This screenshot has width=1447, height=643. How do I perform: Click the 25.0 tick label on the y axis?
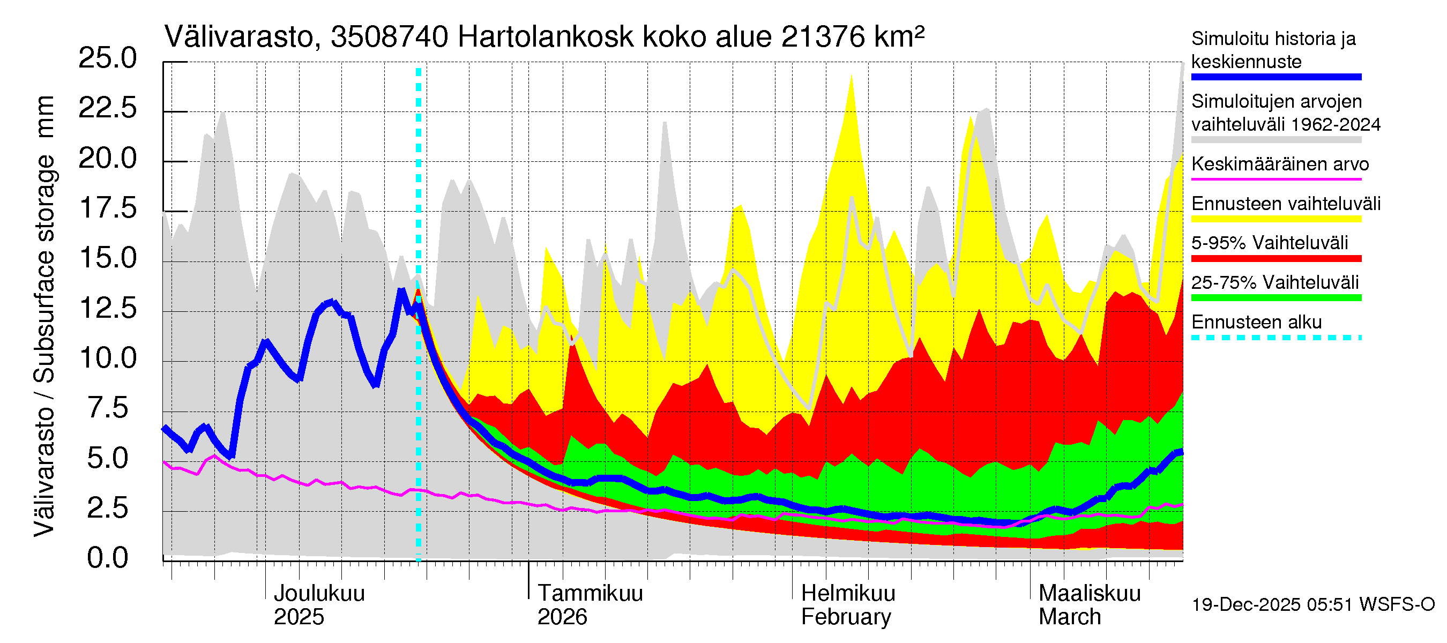(107, 58)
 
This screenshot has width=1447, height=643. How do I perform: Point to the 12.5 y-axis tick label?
(107, 308)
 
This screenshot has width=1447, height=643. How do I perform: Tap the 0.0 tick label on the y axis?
(107, 558)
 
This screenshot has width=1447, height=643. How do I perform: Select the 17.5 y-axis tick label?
(107, 208)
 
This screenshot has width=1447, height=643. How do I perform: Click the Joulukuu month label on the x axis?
(318, 594)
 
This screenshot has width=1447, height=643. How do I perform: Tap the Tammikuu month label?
(590, 594)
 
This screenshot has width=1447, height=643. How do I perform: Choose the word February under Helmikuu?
(845, 617)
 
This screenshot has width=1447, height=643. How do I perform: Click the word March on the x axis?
(1070, 617)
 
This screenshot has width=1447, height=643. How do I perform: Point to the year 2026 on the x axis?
(562, 617)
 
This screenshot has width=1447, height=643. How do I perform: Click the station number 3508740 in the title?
(389, 38)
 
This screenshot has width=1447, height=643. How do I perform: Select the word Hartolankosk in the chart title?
(546, 38)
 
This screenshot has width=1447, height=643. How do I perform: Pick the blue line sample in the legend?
(1276, 77)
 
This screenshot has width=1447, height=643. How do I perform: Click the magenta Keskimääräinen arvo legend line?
(1276, 179)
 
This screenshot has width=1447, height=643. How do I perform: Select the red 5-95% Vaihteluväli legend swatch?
(1276, 259)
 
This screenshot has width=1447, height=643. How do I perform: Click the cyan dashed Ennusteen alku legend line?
(1276, 338)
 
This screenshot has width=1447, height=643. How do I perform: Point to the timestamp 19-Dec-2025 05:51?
(1273, 605)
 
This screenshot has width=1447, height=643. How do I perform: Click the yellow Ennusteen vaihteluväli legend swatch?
(1276, 219)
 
